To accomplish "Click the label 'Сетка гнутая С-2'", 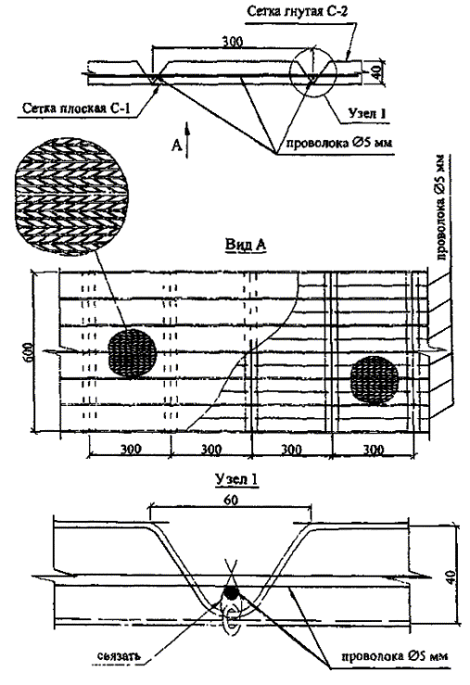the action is [297, 11].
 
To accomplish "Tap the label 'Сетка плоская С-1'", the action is [76, 108].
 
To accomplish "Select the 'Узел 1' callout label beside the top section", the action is [367, 113].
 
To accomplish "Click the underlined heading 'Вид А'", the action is [246, 245].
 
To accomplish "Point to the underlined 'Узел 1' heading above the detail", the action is [236, 479].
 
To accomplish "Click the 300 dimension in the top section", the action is [233, 42].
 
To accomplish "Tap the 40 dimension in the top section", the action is [377, 70].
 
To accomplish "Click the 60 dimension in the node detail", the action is [231, 500].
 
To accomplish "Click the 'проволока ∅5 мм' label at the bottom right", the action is [394, 655].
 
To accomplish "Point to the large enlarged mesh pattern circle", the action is [71, 196].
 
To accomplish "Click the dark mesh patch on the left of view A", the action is [132, 354].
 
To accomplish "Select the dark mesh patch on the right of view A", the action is [375, 380].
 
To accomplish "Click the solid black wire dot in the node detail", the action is [231, 592].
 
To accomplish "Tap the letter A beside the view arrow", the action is [176, 145].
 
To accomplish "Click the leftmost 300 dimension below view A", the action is [130, 449].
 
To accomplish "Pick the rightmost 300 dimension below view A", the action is [374, 449].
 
